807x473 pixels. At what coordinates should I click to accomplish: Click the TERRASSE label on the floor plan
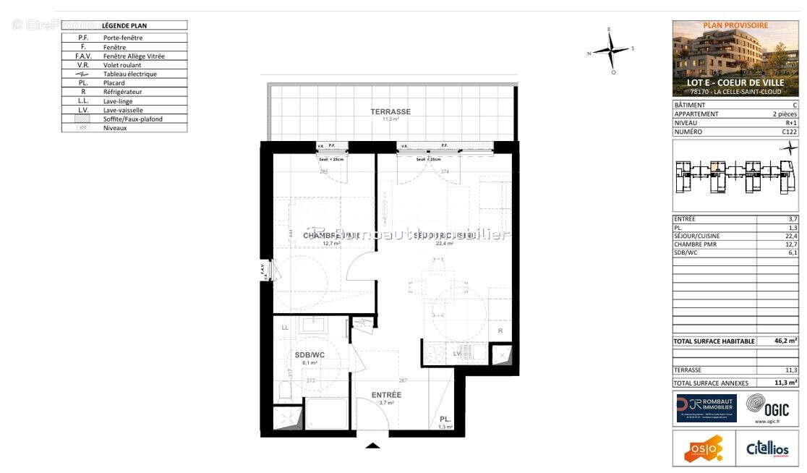tap(390, 111)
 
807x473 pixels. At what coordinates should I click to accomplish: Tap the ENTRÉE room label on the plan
tap(386, 395)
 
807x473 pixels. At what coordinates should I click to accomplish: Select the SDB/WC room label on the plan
tap(309, 354)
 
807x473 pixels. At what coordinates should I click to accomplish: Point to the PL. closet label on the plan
tap(445, 419)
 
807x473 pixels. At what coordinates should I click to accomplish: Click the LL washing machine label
tap(285, 328)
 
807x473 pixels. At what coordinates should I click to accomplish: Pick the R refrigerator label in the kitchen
tap(500, 331)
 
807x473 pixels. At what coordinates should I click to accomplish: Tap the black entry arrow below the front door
tap(372, 446)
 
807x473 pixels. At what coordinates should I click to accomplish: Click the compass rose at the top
tap(612, 51)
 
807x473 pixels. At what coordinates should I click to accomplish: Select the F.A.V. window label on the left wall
tap(263, 270)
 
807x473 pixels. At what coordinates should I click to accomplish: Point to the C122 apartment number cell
tap(789, 132)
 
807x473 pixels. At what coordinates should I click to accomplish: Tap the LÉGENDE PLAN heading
tap(124, 25)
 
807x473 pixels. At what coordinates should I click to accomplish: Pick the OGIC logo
tap(768, 407)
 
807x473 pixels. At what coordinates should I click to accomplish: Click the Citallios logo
tap(767, 449)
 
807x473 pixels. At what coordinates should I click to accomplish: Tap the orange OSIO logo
tap(703, 449)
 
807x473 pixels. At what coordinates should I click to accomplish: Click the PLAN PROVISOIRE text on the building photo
tap(735, 25)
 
